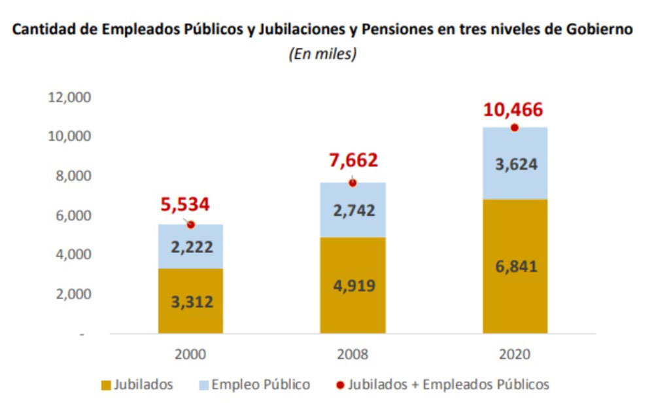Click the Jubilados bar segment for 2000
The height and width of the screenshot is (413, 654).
coord(190,300)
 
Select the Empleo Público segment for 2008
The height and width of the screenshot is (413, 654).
coord(353,209)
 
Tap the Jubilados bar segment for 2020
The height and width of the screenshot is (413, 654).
coord(515,266)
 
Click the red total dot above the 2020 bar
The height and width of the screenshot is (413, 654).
coord(515,128)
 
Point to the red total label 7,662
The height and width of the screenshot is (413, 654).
coord(353,161)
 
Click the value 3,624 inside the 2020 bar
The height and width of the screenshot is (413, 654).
coord(515,164)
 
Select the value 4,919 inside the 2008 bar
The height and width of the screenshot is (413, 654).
coord(353,285)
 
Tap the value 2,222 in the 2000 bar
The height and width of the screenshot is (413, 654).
coord(190,247)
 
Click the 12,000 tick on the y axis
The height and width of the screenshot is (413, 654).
coord(69,98)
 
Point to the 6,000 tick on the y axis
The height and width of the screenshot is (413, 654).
coord(72,215)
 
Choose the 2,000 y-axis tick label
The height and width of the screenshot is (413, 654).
coord(72,294)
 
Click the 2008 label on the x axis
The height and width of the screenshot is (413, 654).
coord(353,354)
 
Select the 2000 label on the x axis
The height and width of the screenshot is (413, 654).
coord(190,354)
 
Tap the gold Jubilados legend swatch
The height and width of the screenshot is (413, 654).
coord(107,385)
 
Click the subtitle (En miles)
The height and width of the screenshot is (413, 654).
coord(322,55)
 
